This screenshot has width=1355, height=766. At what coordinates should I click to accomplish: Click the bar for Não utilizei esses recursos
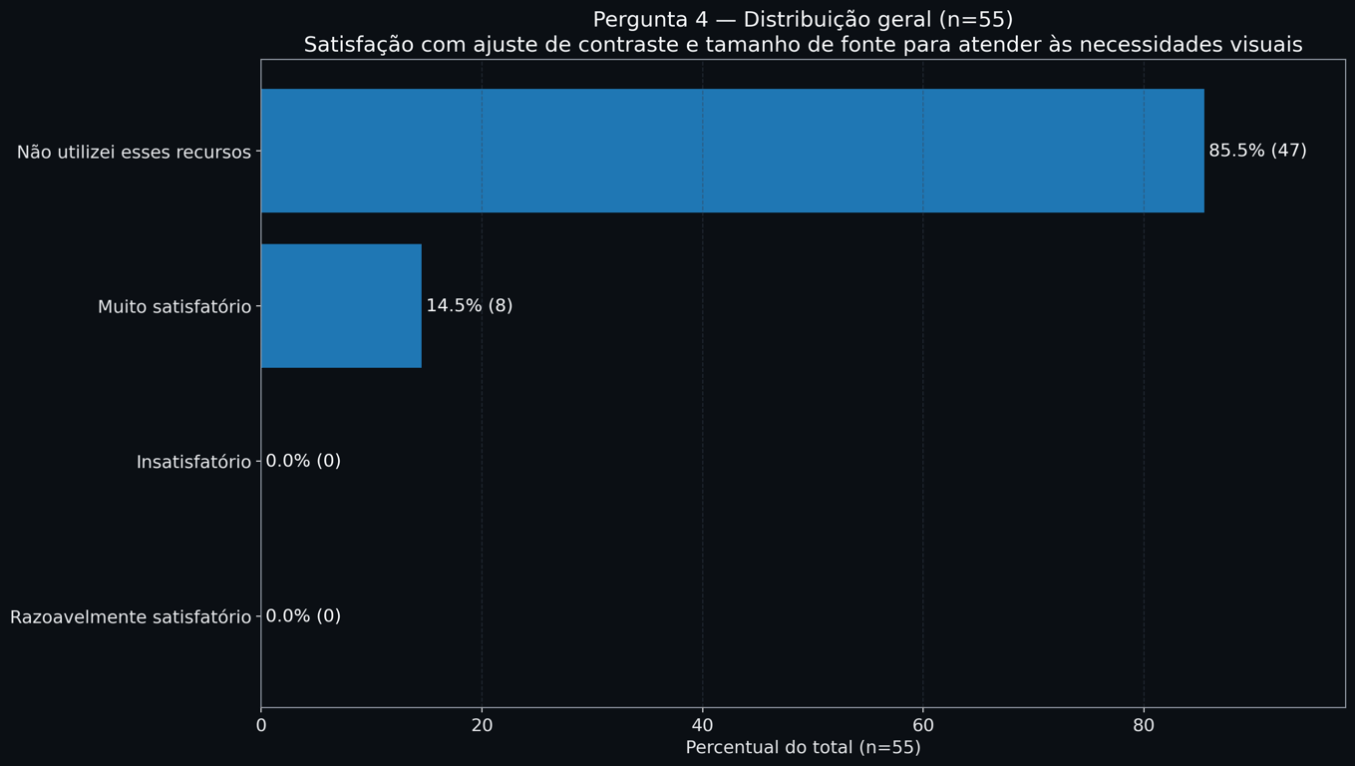[732, 151]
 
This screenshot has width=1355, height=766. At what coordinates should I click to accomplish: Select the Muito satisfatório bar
[341, 306]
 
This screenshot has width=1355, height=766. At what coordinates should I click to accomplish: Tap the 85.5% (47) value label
[1257, 151]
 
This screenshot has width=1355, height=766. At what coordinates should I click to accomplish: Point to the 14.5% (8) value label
[469, 306]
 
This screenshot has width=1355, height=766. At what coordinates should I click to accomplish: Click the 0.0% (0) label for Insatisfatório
[303, 462]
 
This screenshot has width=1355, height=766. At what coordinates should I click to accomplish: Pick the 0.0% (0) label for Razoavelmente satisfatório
[303, 616]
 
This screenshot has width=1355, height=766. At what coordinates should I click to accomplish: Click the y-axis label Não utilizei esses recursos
[134, 153]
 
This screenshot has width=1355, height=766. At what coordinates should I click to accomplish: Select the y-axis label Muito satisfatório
[174, 307]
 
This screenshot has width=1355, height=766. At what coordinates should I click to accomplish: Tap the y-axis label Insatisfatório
[193, 463]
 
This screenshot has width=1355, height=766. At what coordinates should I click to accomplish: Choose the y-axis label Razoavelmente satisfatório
[131, 617]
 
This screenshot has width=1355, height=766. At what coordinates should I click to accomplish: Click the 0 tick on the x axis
[261, 726]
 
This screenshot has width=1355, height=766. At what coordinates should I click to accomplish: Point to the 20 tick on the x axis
[482, 726]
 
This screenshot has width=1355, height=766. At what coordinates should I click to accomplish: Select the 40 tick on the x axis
[703, 726]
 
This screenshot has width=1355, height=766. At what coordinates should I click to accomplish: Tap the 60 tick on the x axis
[923, 726]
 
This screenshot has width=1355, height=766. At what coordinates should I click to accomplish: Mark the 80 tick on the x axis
[1144, 726]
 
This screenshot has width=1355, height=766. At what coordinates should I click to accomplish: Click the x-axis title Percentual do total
[803, 748]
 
